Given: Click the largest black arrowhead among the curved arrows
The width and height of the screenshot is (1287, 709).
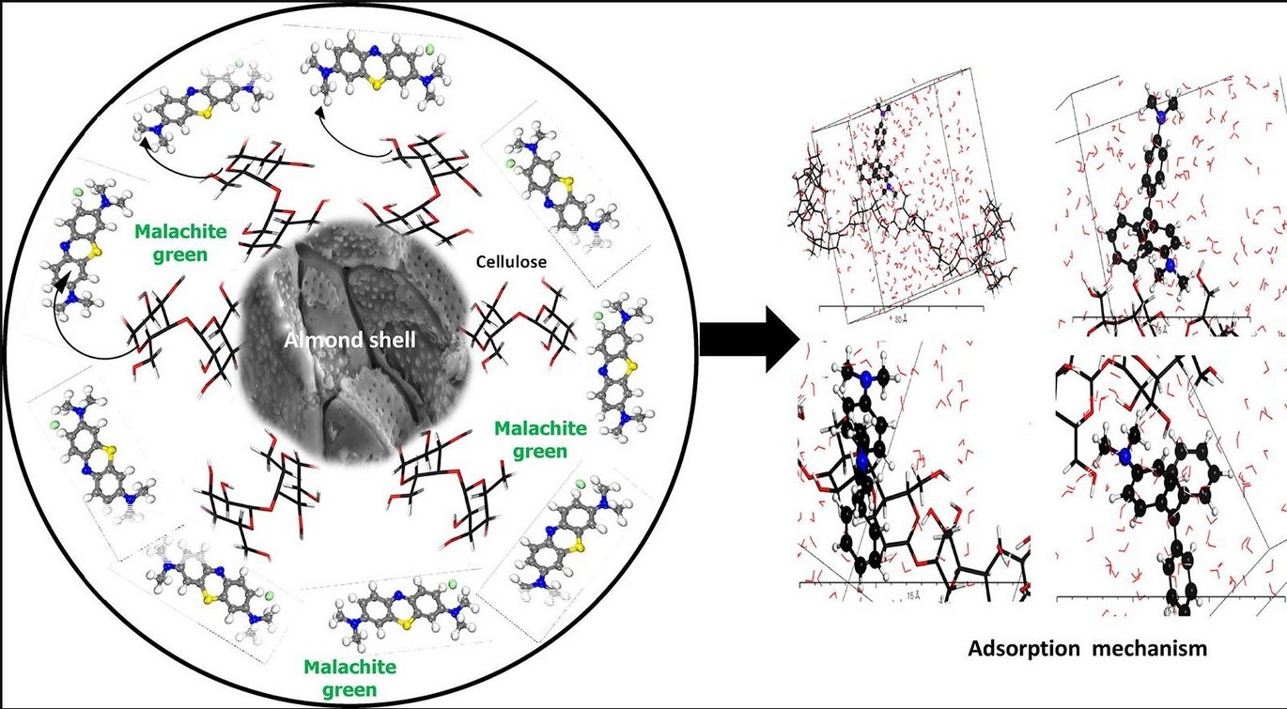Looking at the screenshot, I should click(61, 283).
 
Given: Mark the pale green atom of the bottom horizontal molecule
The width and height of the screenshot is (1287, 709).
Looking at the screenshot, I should click(452, 585).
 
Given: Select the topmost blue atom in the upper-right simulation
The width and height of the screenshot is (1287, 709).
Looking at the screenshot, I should click(1161, 119).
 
